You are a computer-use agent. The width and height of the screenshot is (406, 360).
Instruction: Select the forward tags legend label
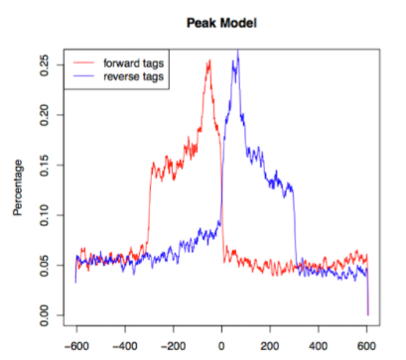click(x=136, y=62)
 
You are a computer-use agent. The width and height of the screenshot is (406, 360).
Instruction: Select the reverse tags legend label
click(x=136, y=76)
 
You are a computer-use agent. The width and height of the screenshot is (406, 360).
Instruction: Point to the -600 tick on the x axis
click(x=75, y=346)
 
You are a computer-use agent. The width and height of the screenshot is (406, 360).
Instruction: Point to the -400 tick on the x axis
click(x=124, y=346)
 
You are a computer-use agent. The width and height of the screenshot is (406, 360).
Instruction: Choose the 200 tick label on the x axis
click(x=270, y=346)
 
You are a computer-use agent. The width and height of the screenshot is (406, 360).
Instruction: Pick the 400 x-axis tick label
click(x=319, y=346)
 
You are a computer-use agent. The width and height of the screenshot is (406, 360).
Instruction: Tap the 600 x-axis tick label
click(x=367, y=346)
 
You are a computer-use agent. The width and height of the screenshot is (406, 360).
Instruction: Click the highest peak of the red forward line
click(x=209, y=60)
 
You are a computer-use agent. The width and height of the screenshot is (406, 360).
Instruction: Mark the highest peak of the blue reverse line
click(x=237, y=52)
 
